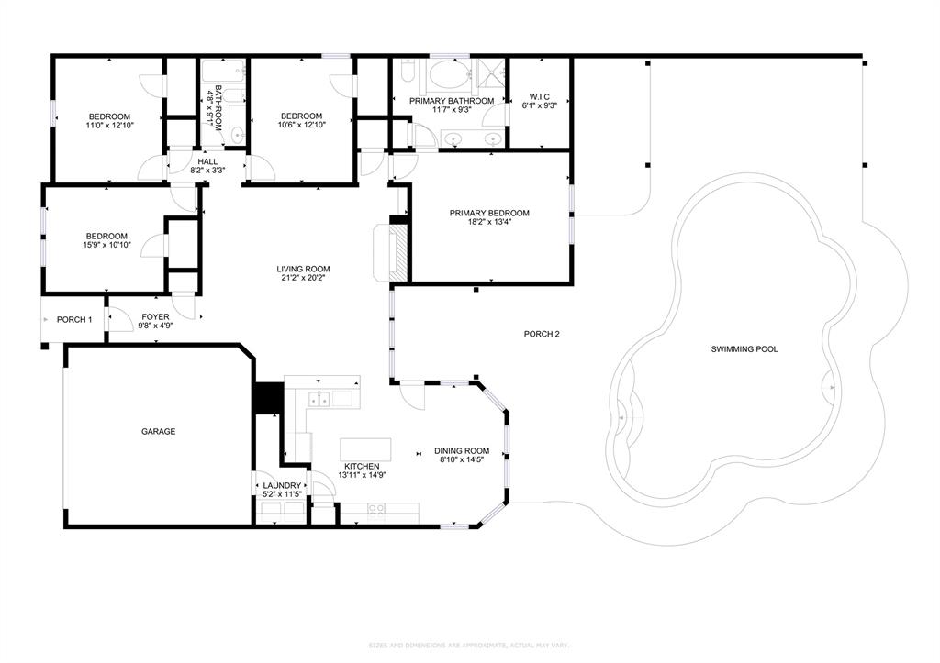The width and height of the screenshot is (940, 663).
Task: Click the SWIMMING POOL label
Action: pos(744,349)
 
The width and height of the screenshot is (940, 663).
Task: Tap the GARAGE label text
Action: pos(158,432)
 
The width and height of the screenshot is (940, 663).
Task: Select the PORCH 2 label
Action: pos(542,334)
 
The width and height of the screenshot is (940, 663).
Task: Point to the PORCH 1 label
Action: pos(74,319)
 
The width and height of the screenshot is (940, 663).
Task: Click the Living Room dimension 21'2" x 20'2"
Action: pos(302,278)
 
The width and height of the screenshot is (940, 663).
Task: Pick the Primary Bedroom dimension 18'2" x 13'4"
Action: pos(488,222)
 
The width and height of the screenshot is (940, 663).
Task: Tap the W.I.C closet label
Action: pos(539,96)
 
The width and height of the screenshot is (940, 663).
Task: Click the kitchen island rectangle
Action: pos(365,449)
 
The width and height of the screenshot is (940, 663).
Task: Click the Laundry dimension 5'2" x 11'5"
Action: pos(282,495)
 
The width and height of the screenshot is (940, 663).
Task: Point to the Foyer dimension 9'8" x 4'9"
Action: pos(155,325)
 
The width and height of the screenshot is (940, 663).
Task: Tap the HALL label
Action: pos(207,161)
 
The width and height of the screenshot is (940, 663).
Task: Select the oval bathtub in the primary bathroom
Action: pos(449,76)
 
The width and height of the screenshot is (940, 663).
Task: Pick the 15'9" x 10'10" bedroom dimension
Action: pos(107,245)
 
